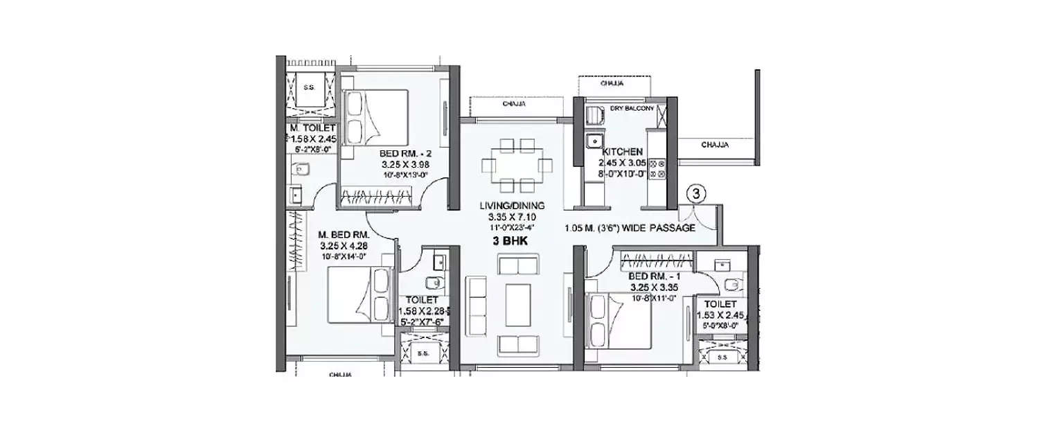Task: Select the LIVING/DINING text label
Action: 516,205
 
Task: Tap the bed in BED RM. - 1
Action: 619,321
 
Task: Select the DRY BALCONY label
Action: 632,108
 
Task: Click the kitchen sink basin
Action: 593,141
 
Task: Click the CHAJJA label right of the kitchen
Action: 713,145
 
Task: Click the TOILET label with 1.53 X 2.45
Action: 720,304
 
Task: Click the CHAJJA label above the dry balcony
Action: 612,83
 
